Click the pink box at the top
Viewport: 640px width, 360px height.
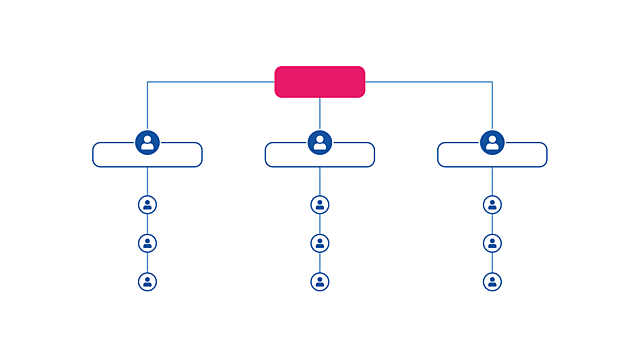coord(320,82)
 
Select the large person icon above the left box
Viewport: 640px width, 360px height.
coord(147,142)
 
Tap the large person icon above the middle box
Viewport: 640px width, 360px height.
coord(320,142)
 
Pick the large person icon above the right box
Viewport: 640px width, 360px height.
coord(492,142)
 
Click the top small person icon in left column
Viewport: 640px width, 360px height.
coord(147,205)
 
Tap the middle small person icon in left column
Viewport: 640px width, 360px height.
coord(147,243)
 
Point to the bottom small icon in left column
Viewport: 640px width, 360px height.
coord(147,281)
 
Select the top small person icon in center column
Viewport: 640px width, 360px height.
coord(320,205)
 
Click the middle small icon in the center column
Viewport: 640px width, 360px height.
coord(320,243)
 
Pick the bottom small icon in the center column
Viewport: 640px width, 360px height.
coord(320,281)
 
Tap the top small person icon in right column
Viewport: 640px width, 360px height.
coord(492,205)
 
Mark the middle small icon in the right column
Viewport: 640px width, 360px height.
coord(492,243)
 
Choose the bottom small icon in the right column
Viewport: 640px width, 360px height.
coord(492,281)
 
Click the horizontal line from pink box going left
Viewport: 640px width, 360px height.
coord(210,82)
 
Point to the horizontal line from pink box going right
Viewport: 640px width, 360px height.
coord(430,82)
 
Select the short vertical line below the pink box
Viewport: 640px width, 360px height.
coord(320,113)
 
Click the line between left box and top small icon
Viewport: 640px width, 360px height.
coord(147,181)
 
